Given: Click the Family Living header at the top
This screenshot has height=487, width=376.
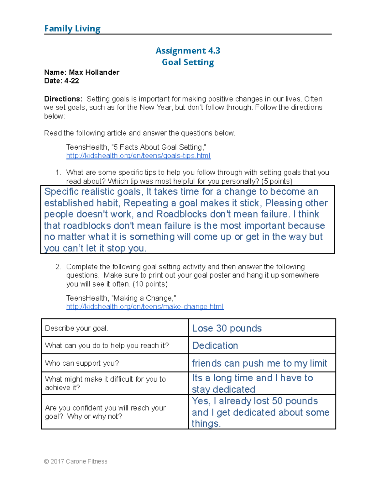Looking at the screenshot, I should pyautogui.click(x=72, y=29).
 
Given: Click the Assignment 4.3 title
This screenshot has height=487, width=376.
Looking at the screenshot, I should pyautogui.click(x=188, y=51).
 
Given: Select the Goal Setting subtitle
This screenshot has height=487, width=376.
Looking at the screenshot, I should pyautogui.click(x=188, y=62).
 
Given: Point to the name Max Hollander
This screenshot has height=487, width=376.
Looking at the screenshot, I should pyautogui.click(x=94, y=72).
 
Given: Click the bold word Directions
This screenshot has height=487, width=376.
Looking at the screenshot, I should pyautogui.click(x=63, y=99).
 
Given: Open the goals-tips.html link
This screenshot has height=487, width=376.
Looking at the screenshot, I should pyautogui.click(x=138, y=156).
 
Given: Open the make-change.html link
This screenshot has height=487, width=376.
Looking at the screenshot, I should pyautogui.click(x=145, y=307).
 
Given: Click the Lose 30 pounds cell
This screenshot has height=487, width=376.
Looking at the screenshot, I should pyautogui.click(x=227, y=328).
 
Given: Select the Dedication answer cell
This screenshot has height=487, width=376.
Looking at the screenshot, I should pyautogui.click(x=215, y=346).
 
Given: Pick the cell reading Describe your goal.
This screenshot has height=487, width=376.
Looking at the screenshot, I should pyautogui.click(x=77, y=328).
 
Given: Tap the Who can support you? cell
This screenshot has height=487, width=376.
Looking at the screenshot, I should pyautogui.click(x=82, y=363).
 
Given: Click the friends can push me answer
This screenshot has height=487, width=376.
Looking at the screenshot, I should pyautogui.click(x=259, y=363).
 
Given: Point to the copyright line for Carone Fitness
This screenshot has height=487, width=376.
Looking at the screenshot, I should pyautogui.click(x=76, y=461).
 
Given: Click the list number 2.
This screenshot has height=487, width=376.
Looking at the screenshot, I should pyautogui.click(x=58, y=267).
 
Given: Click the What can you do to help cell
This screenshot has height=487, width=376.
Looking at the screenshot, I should pyautogui.click(x=107, y=346).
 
